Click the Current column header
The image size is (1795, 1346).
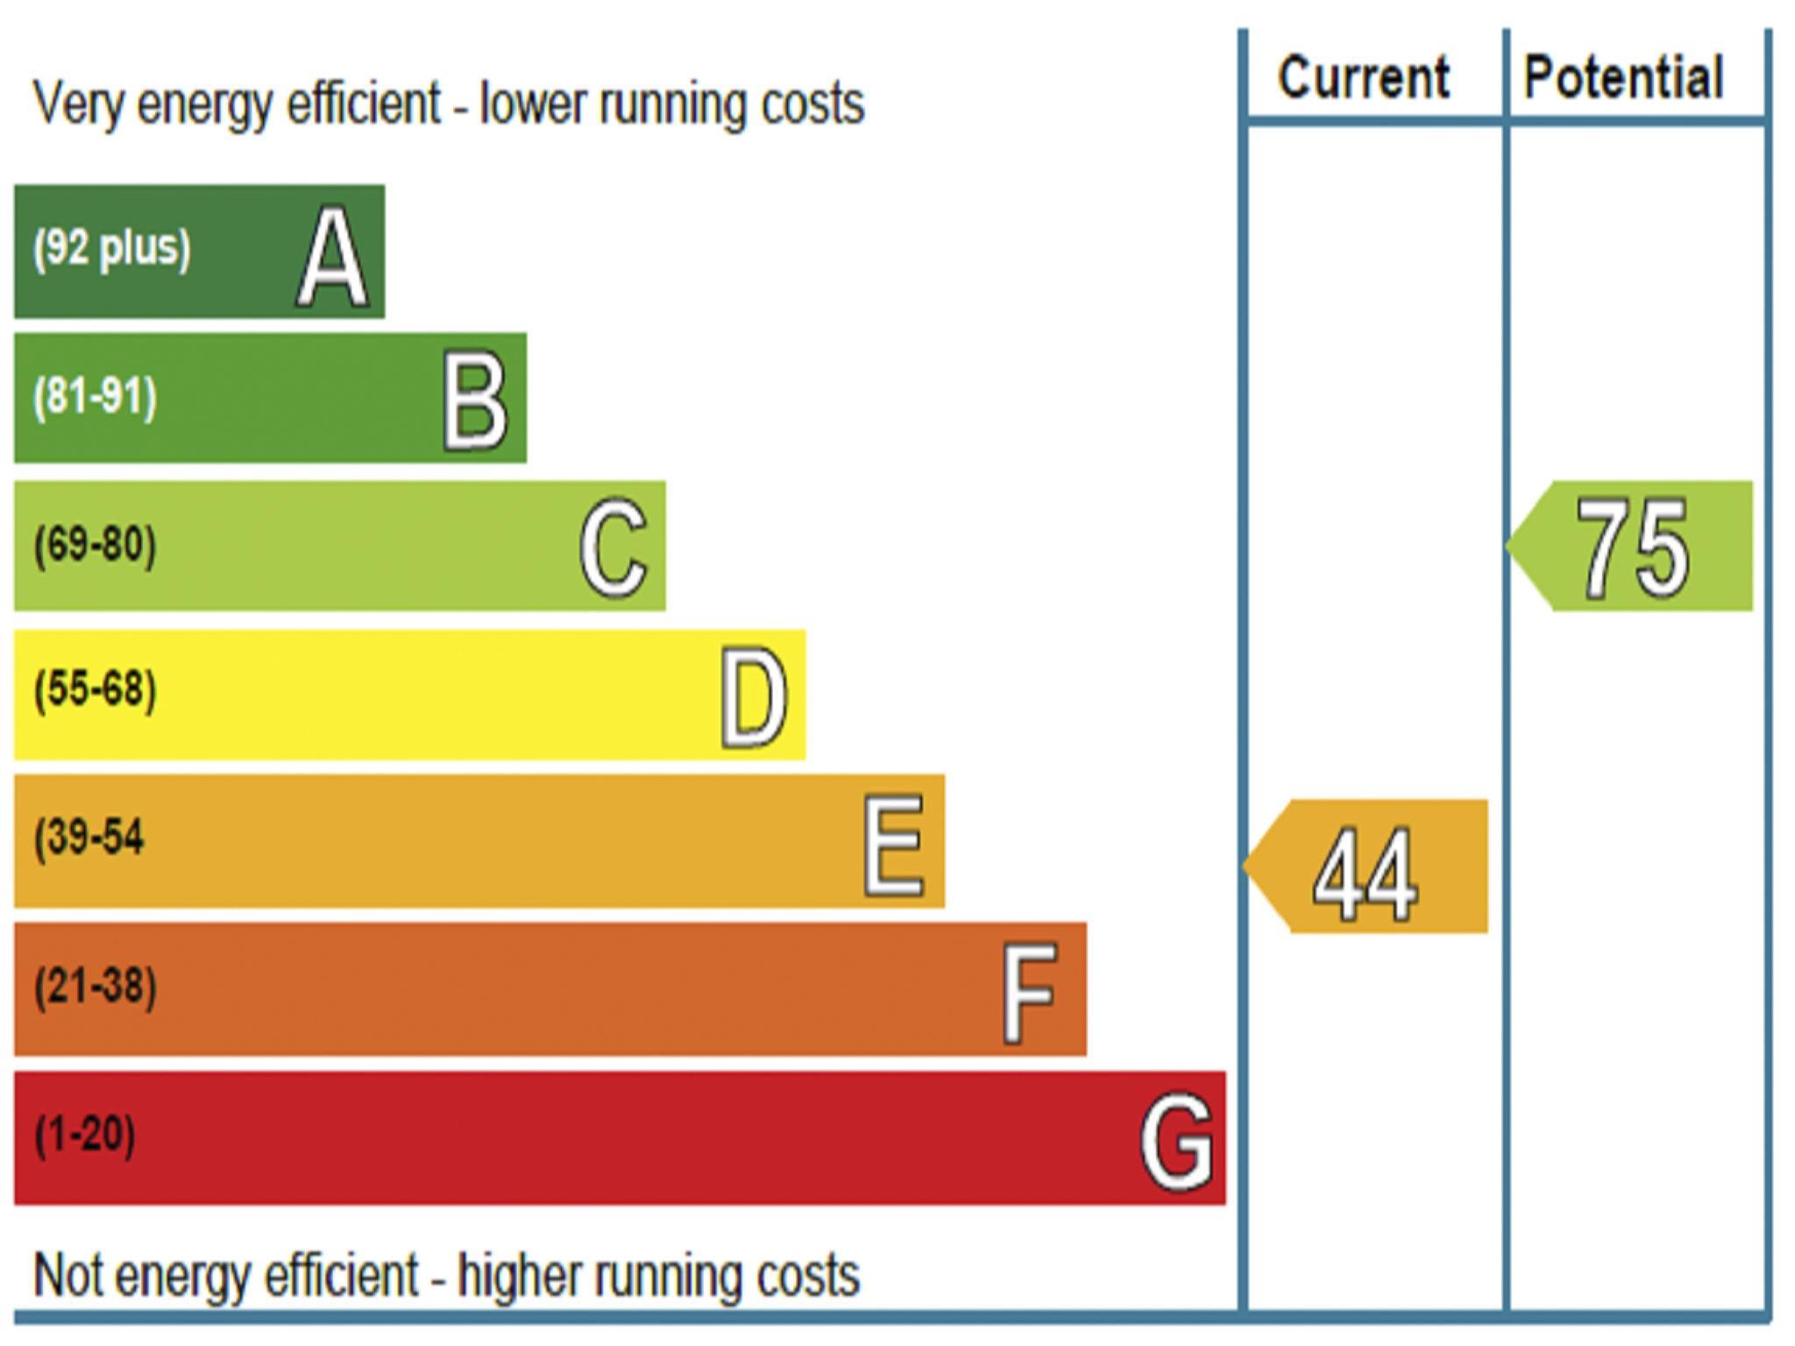click(1363, 79)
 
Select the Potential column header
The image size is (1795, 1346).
click(1623, 79)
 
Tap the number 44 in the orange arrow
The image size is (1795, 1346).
click(1365, 875)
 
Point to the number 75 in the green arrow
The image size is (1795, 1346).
click(1632, 549)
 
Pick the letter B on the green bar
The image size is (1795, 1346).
click(475, 402)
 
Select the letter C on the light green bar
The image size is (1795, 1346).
click(614, 549)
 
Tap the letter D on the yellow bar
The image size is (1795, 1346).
click(754, 698)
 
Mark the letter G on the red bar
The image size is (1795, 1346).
click(1176, 1141)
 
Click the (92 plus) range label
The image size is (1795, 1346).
click(111, 248)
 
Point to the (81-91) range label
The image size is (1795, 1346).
click(96, 396)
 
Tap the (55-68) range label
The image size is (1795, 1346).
click(96, 690)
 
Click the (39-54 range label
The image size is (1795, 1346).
click(89, 838)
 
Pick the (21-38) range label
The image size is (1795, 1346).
click(96, 986)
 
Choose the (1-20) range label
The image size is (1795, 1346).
click(85, 1134)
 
